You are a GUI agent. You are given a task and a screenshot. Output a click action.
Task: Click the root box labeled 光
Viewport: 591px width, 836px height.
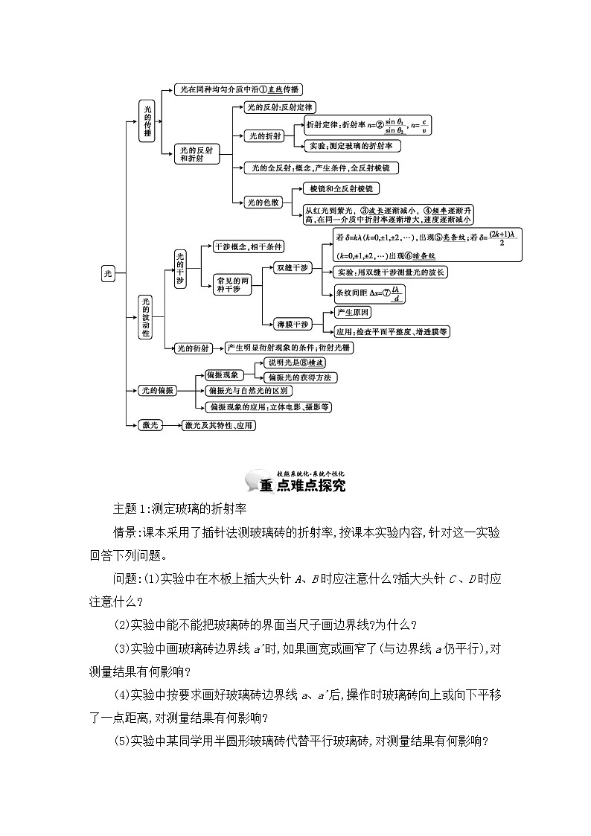point(108,274)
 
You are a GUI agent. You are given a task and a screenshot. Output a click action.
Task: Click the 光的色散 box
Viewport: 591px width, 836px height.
point(264,202)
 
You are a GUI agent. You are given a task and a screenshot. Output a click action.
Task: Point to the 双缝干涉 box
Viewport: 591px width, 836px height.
point(292,267)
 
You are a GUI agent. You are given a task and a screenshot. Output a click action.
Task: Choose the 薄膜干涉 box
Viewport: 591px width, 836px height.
point(292,324)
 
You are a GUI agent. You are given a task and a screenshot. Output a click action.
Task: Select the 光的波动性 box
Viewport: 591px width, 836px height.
point(146,316)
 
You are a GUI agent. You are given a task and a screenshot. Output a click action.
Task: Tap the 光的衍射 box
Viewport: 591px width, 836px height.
point(192,348)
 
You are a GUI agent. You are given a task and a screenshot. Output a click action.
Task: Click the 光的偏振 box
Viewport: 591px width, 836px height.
point(157,390)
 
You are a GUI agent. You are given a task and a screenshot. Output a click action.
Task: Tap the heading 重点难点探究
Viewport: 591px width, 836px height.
point(302,486)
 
